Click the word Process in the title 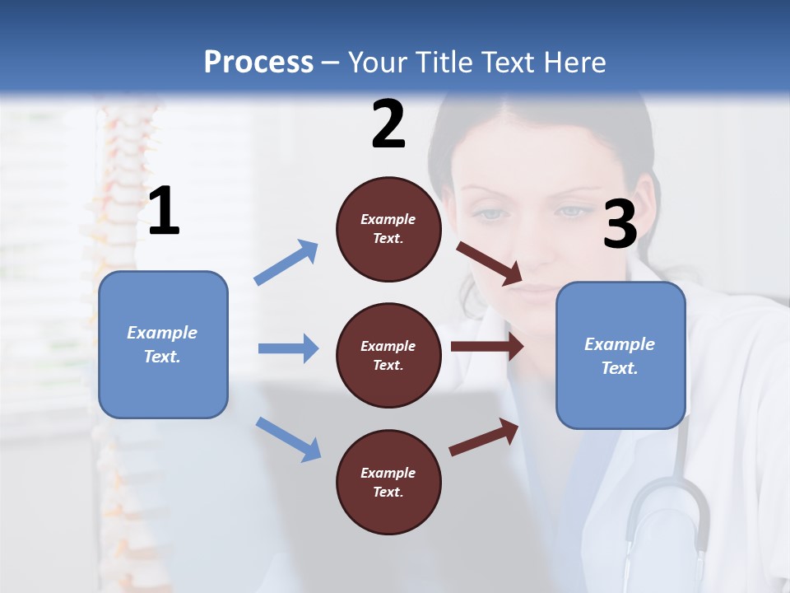coord(258,63)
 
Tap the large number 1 coord(164,212)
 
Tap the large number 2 coord(388,124)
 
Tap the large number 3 coord(620,224)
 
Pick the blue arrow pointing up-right coord(287,262)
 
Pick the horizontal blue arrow coord(288,348)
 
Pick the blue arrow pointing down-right coord(289,438)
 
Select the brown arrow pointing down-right coord(490,264)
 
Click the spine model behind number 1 coord(123,165)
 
